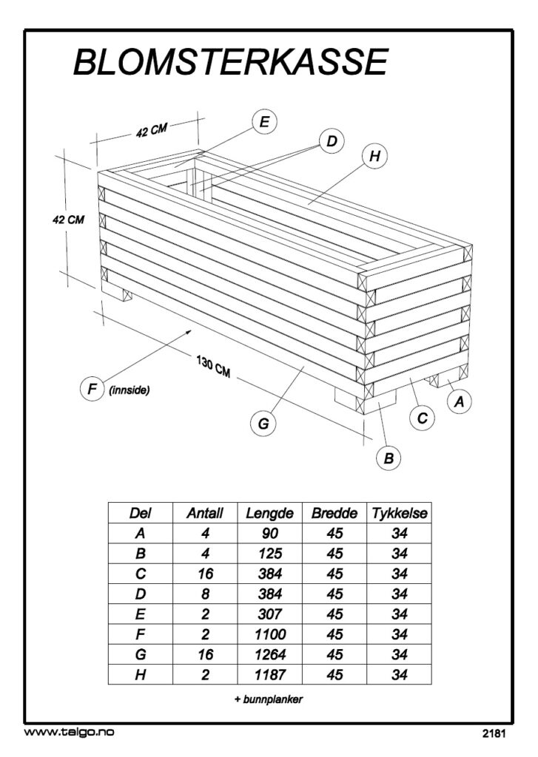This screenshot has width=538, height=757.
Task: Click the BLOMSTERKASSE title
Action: (x=231, y=62)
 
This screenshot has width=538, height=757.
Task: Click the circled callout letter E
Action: (x=264, y=122)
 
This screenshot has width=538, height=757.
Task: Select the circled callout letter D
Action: (x=332, y=141)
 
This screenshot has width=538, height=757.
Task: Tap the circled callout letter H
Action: (x=374, y=156)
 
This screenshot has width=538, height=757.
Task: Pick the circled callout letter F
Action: (x=92, y=389)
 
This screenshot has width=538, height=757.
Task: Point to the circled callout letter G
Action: (x=263, y=424)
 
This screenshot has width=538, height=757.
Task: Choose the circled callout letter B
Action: (x=389, y=458)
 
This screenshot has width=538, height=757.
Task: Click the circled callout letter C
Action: (x=423, y=418)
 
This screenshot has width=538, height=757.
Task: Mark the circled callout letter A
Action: (x=460, y=401)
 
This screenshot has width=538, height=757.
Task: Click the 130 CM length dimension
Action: (x=213, y=367)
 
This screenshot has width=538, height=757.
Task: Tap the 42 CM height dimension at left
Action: (x=68, y=220)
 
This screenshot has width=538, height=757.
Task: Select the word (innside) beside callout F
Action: (x=129, y=390)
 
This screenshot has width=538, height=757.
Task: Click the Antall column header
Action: (x=205, y=513)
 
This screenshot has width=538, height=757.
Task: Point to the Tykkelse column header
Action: (x=400, y=513)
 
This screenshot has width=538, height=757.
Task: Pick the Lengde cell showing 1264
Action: (x=269, y=655)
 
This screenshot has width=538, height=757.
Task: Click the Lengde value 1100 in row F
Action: (x=269, y=634)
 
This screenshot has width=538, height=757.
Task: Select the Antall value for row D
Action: (x=205, y=594)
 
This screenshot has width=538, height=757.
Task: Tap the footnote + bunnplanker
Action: (x=269, y=699)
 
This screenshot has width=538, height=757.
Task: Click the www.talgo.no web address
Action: (x=69, y=733)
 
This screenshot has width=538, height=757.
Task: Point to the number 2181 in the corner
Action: (x=494, y=734)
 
